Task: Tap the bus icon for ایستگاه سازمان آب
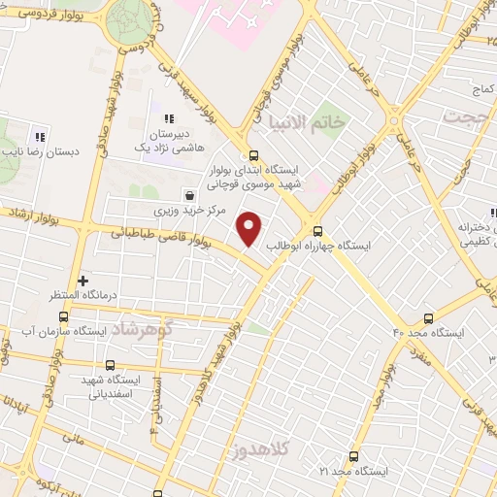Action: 64,316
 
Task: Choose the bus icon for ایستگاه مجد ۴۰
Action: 427,316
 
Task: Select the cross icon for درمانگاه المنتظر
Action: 83,280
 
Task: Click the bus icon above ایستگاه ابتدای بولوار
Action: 253,154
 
